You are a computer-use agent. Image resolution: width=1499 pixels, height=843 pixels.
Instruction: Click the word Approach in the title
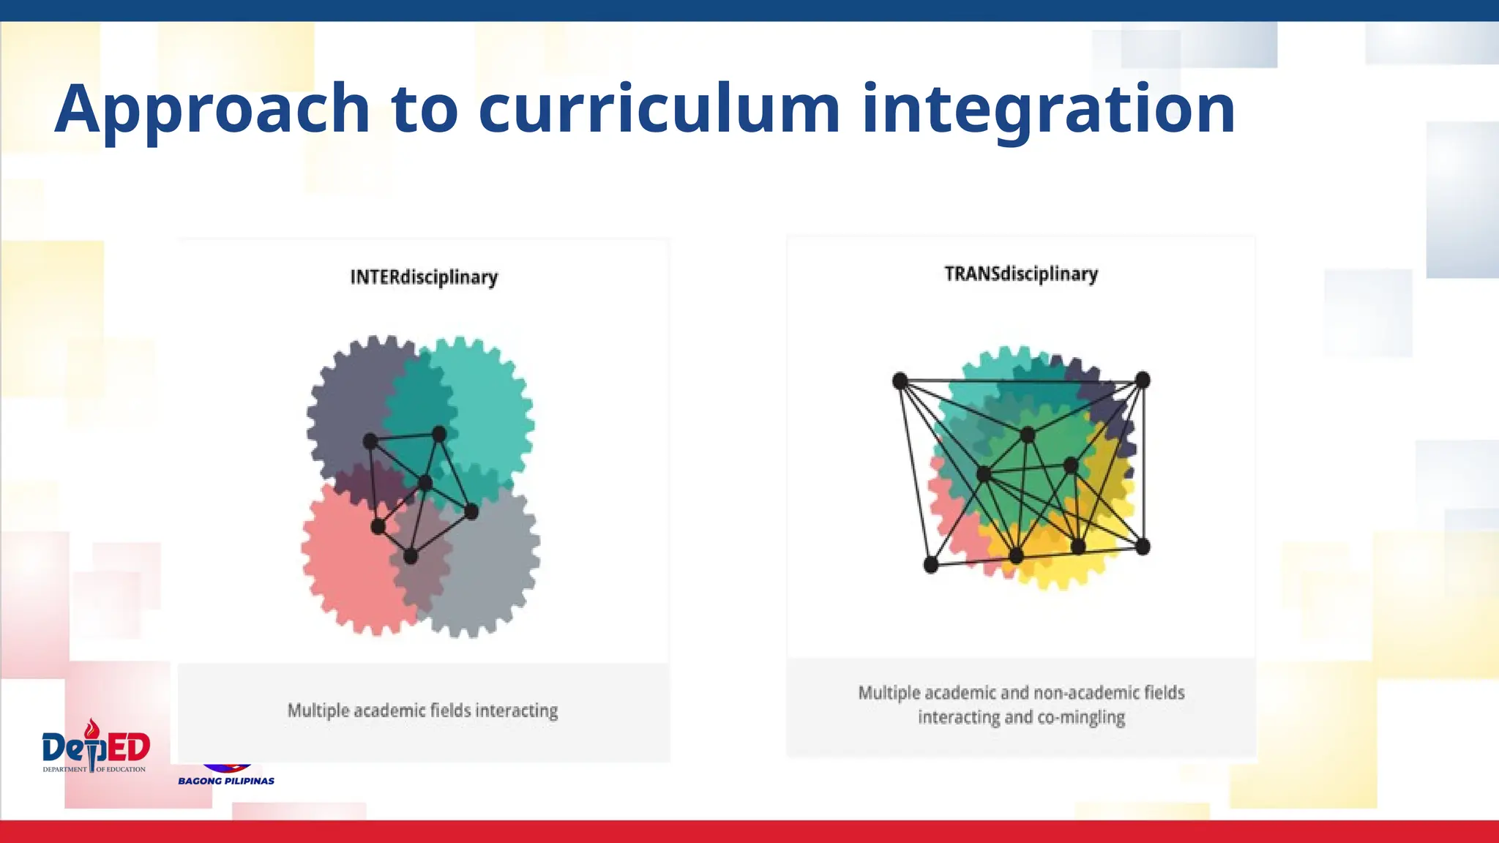tap(212, 110)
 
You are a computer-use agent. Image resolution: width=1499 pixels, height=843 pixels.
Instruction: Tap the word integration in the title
tap(1048, 110)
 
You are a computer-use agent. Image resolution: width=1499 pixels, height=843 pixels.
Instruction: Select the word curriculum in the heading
tap(659, 110)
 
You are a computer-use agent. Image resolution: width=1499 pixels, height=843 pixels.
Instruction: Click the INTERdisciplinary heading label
tap(424, 277)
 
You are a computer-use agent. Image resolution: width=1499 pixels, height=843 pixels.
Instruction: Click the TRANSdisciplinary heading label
tap(1021, 274)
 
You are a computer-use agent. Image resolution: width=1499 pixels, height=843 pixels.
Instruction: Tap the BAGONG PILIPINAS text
tap(226, 781)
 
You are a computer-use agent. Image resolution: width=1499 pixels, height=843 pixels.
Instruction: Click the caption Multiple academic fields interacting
tap(422, 711)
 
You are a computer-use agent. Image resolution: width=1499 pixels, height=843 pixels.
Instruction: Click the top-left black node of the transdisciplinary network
tap(900, 381)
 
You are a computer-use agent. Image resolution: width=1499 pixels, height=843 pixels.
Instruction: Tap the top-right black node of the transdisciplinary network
tap(1143, 380)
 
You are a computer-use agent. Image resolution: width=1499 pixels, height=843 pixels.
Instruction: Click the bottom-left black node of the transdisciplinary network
tap(931, 564)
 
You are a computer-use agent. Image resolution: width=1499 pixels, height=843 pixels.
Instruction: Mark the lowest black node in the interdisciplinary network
tap(411, 556)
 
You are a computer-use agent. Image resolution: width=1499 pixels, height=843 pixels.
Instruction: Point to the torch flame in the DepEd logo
tap(91, 727)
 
